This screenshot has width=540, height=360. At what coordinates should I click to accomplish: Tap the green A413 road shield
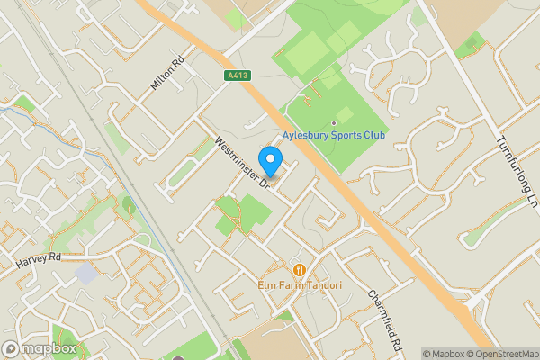click(x=238, y=77)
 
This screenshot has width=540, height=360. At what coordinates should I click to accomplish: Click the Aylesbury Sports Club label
click(x=334, y=135)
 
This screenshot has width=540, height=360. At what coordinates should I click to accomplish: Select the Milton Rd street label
click(x=167, y=73)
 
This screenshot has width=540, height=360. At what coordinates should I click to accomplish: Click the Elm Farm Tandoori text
click(x=300, y=285)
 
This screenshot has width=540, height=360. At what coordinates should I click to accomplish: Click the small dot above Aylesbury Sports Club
click(x=334, y=122)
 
